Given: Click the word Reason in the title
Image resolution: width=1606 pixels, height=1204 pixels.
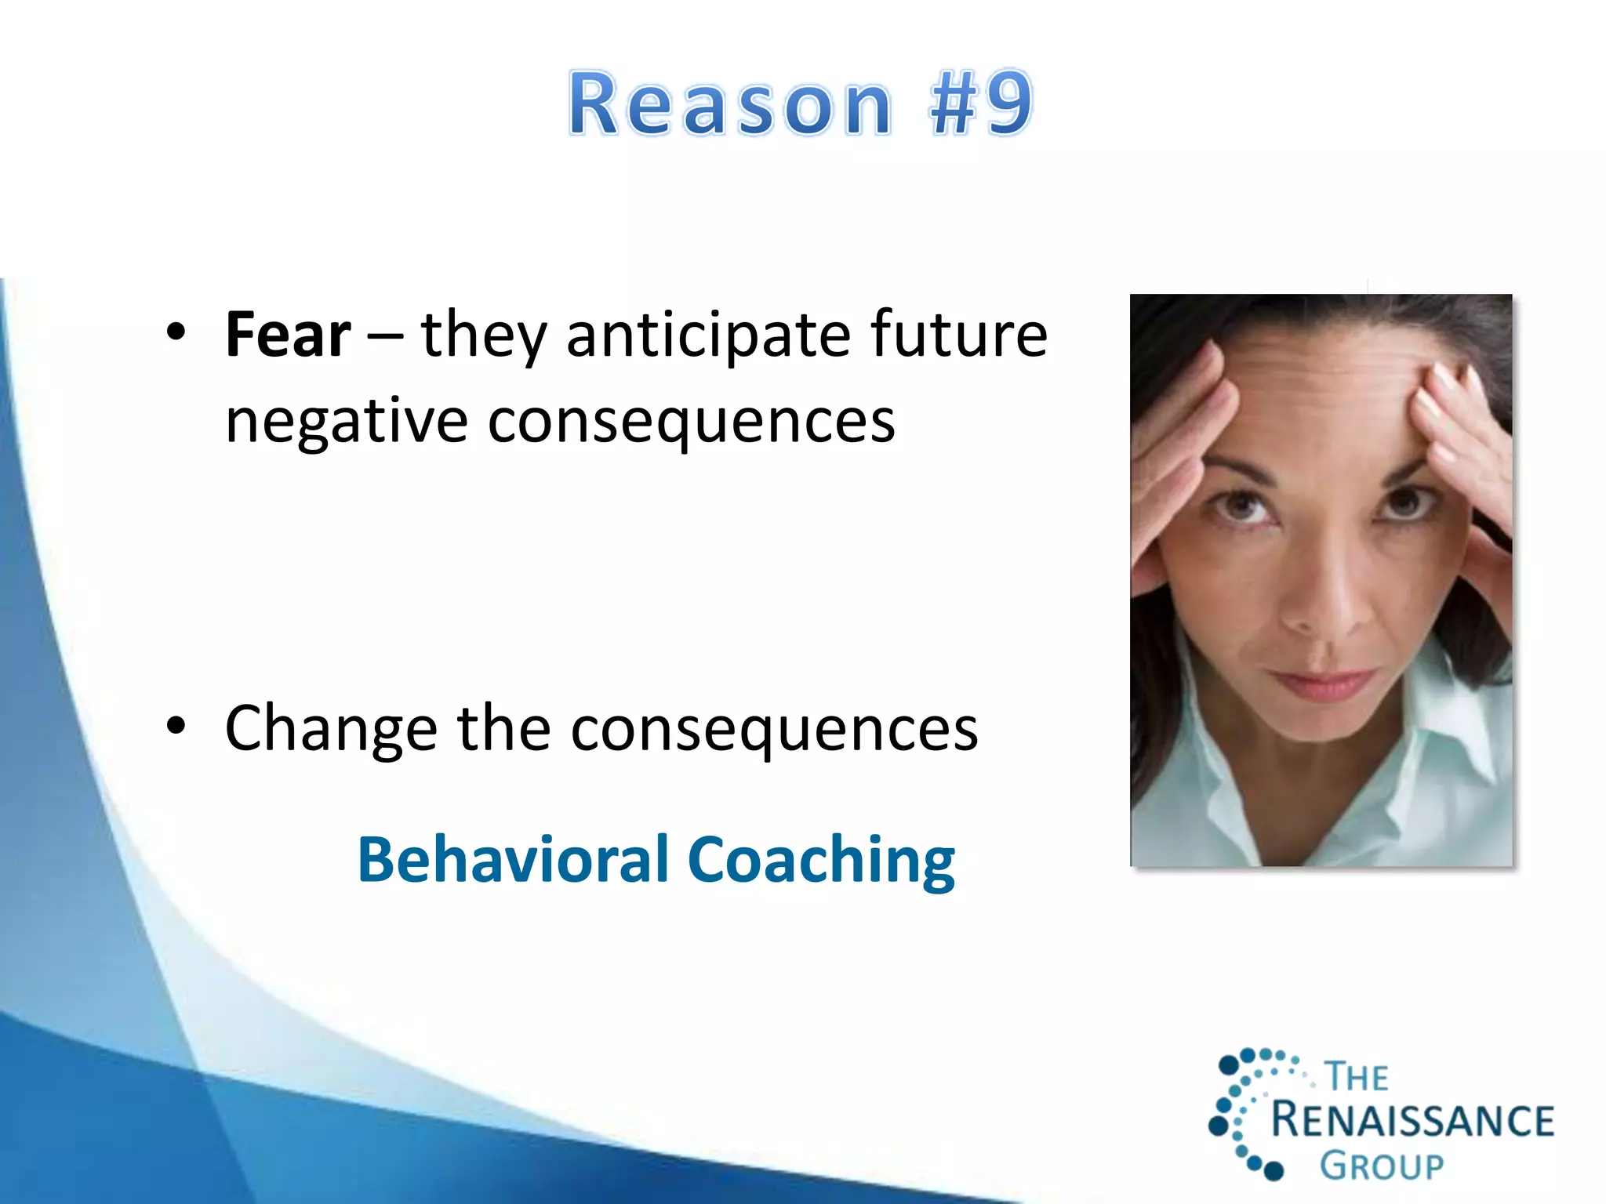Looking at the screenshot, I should click(x=729, y=104).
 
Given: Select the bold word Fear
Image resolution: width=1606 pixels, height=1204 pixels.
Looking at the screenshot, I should click(x=288, y=335).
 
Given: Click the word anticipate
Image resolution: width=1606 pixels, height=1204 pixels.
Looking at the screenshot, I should click(x=708, y=335).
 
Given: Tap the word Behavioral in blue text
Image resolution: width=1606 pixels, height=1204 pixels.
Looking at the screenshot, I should click(x=513, y=860).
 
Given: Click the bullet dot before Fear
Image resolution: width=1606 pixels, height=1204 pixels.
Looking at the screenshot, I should click(x=176, y=332).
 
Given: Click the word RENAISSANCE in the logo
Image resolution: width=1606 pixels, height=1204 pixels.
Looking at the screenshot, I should click(x=1412, y=1120).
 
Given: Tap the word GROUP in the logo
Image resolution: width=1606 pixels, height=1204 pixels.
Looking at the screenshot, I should click(x=1381, y=1166).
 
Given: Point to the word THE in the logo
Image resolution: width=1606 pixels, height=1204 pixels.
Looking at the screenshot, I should click(x=1357, y=1077).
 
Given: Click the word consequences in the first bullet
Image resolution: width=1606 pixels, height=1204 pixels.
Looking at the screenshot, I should click(x=691, y=422).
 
